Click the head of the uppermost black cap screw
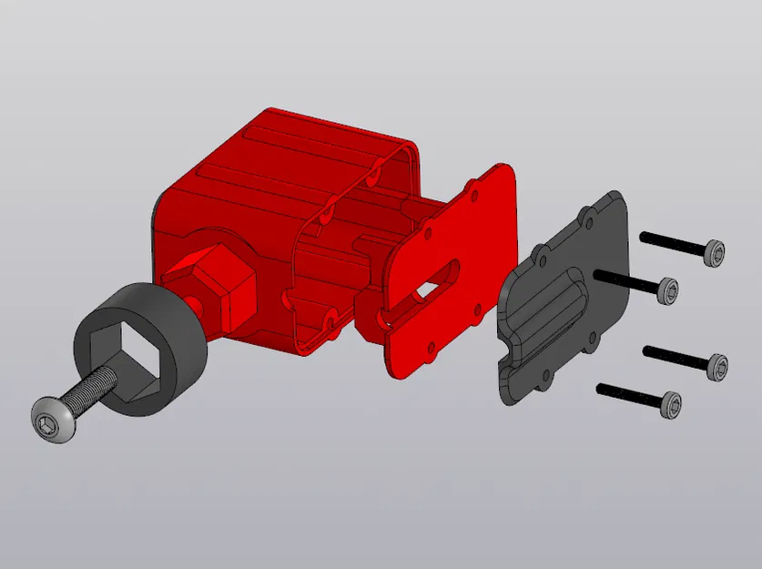[716, 251]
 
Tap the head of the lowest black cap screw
[671, 405]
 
